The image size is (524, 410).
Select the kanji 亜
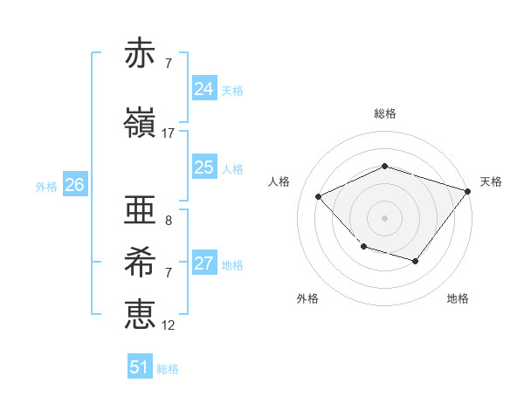pos(140,211)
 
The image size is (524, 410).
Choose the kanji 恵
pos(140,314)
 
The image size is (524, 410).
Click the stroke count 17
pos(169,133)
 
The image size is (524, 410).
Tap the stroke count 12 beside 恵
pos(169,325)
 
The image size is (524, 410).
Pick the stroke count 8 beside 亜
pos(169,221)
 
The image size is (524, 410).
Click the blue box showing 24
pos(203,89)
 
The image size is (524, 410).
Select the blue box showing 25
pos(203,167)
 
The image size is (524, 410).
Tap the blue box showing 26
pos(74,185)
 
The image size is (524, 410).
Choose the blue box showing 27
pos(203,263)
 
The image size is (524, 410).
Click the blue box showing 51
pos(140,367)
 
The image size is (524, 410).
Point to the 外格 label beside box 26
pos(46,186)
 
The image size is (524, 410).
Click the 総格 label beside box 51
pos(168,369)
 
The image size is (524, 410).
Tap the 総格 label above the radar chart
pos(384,113)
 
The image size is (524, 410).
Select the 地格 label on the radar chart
pos(458,298)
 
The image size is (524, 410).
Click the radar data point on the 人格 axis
pos(319,197)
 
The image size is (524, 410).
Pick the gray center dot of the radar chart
pos(384,218)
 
